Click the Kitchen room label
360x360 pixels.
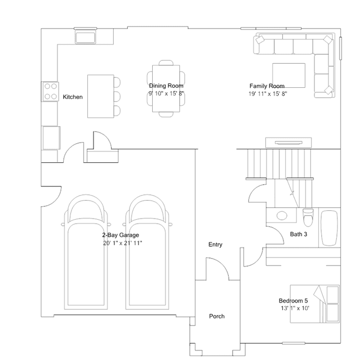[x=73, y=97]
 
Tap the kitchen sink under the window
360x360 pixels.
[x=85, y=38]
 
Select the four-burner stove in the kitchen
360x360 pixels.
[x=50, y=91]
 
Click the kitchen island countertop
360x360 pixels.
[x=100, y=96]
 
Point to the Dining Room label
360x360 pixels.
[x=166, y=86]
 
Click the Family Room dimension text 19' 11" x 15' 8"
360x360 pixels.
[x=268, y=94]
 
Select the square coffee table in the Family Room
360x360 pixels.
[x=289, y=75]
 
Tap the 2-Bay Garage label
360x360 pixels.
[x=121, y=235]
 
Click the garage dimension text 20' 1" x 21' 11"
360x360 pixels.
[x=122, y=243]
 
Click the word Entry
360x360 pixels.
[x=215, y=245]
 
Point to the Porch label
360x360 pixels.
[x=217, y=316]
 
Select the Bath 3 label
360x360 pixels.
[x=299, y=234]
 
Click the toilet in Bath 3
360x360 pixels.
[x=308, y=217]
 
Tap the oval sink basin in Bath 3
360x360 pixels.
[x=282, y=216]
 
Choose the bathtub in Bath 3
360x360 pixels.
[x=330, y=228]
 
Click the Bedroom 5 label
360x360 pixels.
[x=293, y=300]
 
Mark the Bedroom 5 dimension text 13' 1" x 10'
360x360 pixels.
[x=295, y=308]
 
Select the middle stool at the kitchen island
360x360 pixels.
[x=117, y=96]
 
